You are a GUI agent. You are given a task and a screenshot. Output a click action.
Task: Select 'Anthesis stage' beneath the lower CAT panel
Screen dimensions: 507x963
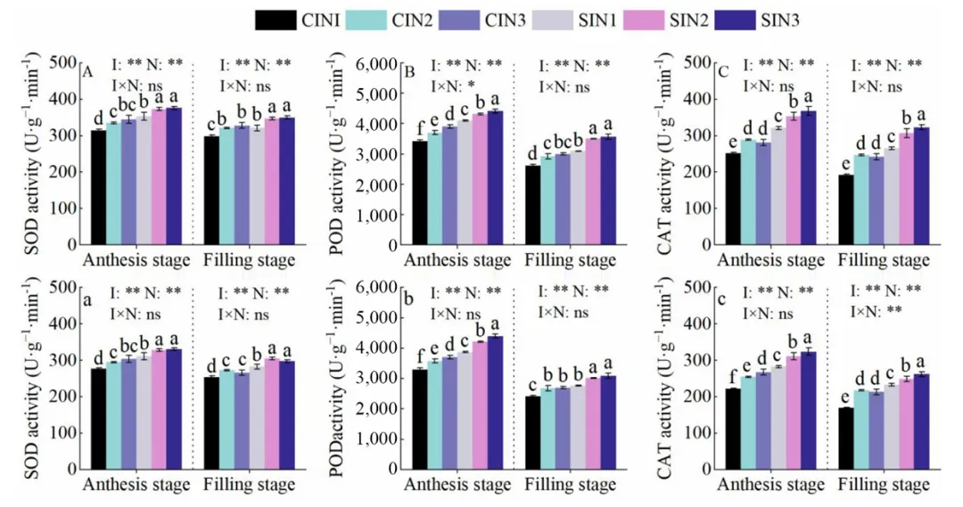(x=770, y=486)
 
